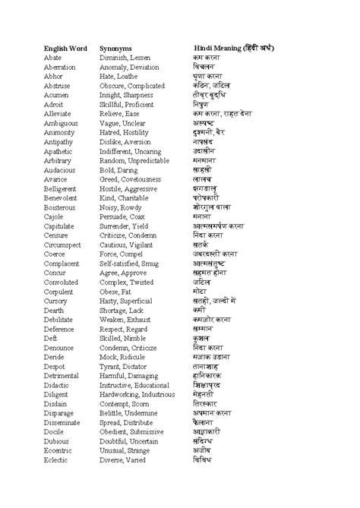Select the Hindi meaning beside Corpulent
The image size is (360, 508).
[x=200, y=291]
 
